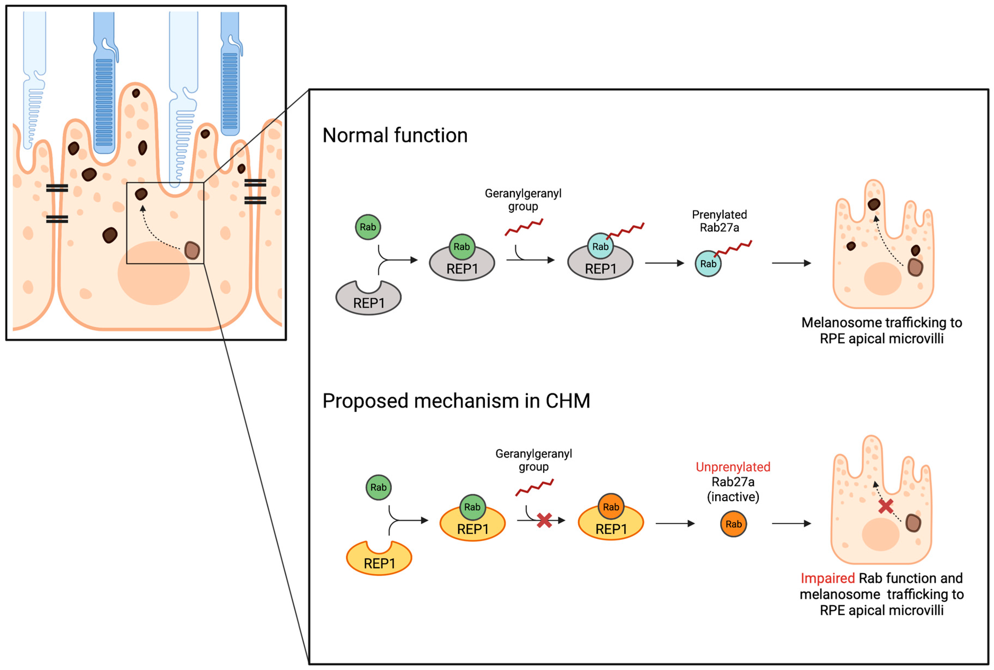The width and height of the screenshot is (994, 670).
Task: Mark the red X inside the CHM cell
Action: (885, 506)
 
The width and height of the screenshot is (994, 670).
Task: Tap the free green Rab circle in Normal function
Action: (368, 227)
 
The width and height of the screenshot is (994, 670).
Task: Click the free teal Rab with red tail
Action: (708, 264)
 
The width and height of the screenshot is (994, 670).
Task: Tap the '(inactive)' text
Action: (733, 497)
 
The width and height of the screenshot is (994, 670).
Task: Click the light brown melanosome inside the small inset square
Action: (192, 250)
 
